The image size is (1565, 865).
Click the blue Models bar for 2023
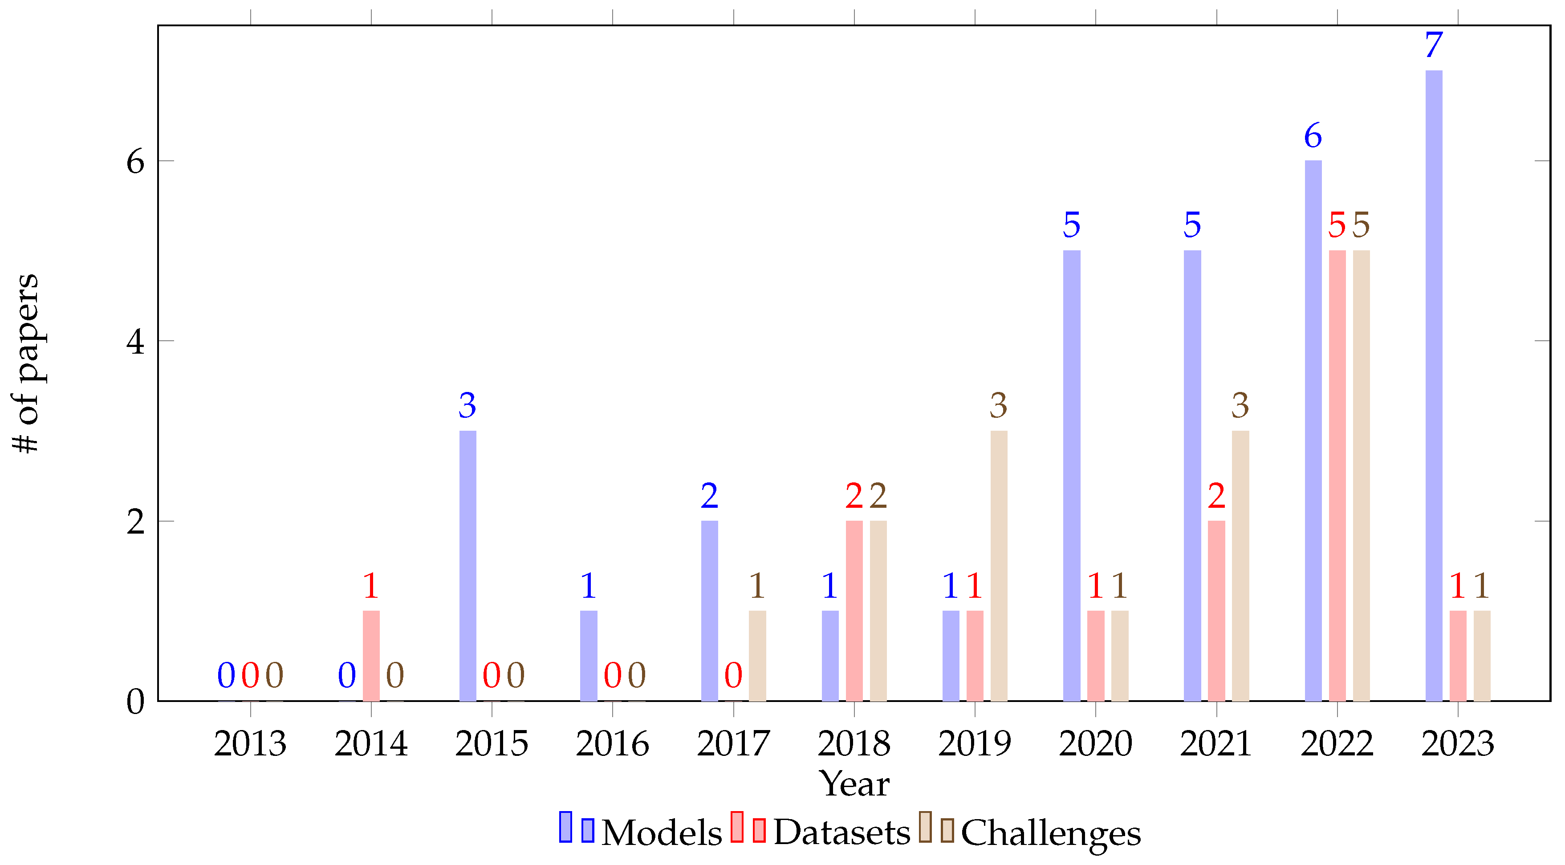[1434, 386]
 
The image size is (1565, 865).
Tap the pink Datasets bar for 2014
[371, 656]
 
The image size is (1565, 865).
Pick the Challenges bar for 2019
[999, 565]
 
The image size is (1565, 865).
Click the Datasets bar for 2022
[1337, 475]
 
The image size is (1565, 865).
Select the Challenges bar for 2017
[758, 656]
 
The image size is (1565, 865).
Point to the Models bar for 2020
[1072, 475]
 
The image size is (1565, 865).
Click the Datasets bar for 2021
[1216, 611]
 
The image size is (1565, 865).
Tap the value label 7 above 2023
[1434, 45]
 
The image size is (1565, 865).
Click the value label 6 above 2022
[1313, 135]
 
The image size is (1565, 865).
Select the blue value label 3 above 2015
[467, 405]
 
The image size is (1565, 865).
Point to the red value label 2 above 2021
[1216, 496]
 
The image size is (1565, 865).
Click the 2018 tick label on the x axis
[854, 743]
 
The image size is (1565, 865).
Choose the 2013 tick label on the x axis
[250, 743]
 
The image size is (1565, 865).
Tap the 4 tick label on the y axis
[135, 342]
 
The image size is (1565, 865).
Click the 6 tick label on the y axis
[135, 162]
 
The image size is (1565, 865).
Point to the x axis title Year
[854, 783]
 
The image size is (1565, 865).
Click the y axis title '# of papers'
[26, 363]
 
